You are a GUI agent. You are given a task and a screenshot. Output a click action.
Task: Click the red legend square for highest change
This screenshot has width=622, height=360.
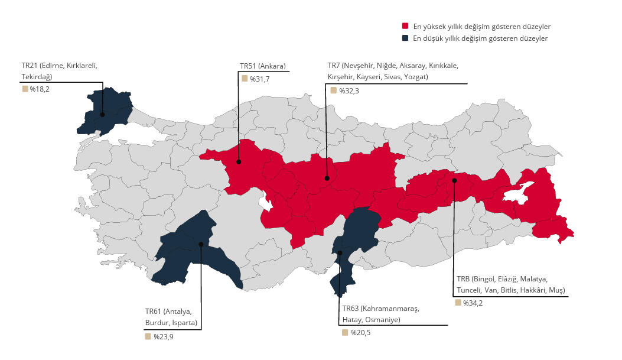tap(405, 27)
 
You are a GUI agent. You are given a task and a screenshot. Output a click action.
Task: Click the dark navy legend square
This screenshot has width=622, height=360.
tap(405, 38)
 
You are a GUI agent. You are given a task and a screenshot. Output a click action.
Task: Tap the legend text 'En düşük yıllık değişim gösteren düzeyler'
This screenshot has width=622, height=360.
tap(480, 38)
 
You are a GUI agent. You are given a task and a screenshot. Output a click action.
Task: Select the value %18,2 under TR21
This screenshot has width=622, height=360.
tap(40, 89)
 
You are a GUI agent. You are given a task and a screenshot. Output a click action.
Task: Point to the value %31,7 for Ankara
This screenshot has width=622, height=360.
tap(259, 79)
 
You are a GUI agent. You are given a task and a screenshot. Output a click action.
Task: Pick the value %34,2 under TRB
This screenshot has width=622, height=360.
tap(473, 303)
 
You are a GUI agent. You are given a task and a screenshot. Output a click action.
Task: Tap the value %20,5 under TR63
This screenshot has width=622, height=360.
tap(360, 333)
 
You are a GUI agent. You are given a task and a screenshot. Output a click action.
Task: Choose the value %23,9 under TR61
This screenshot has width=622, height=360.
tap(163, 337)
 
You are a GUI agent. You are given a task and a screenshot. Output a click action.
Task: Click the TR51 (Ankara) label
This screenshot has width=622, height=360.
tap(263, 66)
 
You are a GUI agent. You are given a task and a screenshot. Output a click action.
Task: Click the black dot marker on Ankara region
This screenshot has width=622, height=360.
tap(239, 161)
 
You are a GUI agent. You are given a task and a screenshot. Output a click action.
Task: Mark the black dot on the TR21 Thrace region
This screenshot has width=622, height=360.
tap(102, 115)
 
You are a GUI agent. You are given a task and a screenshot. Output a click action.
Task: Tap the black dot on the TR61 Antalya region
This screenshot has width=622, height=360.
tap(201, 244)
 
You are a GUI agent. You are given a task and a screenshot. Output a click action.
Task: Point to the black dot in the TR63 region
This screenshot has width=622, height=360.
tap(340, 253)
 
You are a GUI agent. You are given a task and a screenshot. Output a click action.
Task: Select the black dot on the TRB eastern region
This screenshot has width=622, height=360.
tap(454, 180)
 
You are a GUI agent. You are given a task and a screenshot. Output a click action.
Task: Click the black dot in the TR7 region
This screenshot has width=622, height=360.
tap(327, 178)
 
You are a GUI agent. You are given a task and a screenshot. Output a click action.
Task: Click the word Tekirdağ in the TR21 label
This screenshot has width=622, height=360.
tap(37, 77)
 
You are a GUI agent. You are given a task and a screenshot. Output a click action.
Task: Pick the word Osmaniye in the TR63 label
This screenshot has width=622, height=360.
tap(383, 320)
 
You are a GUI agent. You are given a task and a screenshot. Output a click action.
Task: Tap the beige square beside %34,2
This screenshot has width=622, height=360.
tap(458, 303)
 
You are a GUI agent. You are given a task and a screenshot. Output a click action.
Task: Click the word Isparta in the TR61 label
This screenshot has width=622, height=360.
tap(184, 323)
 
